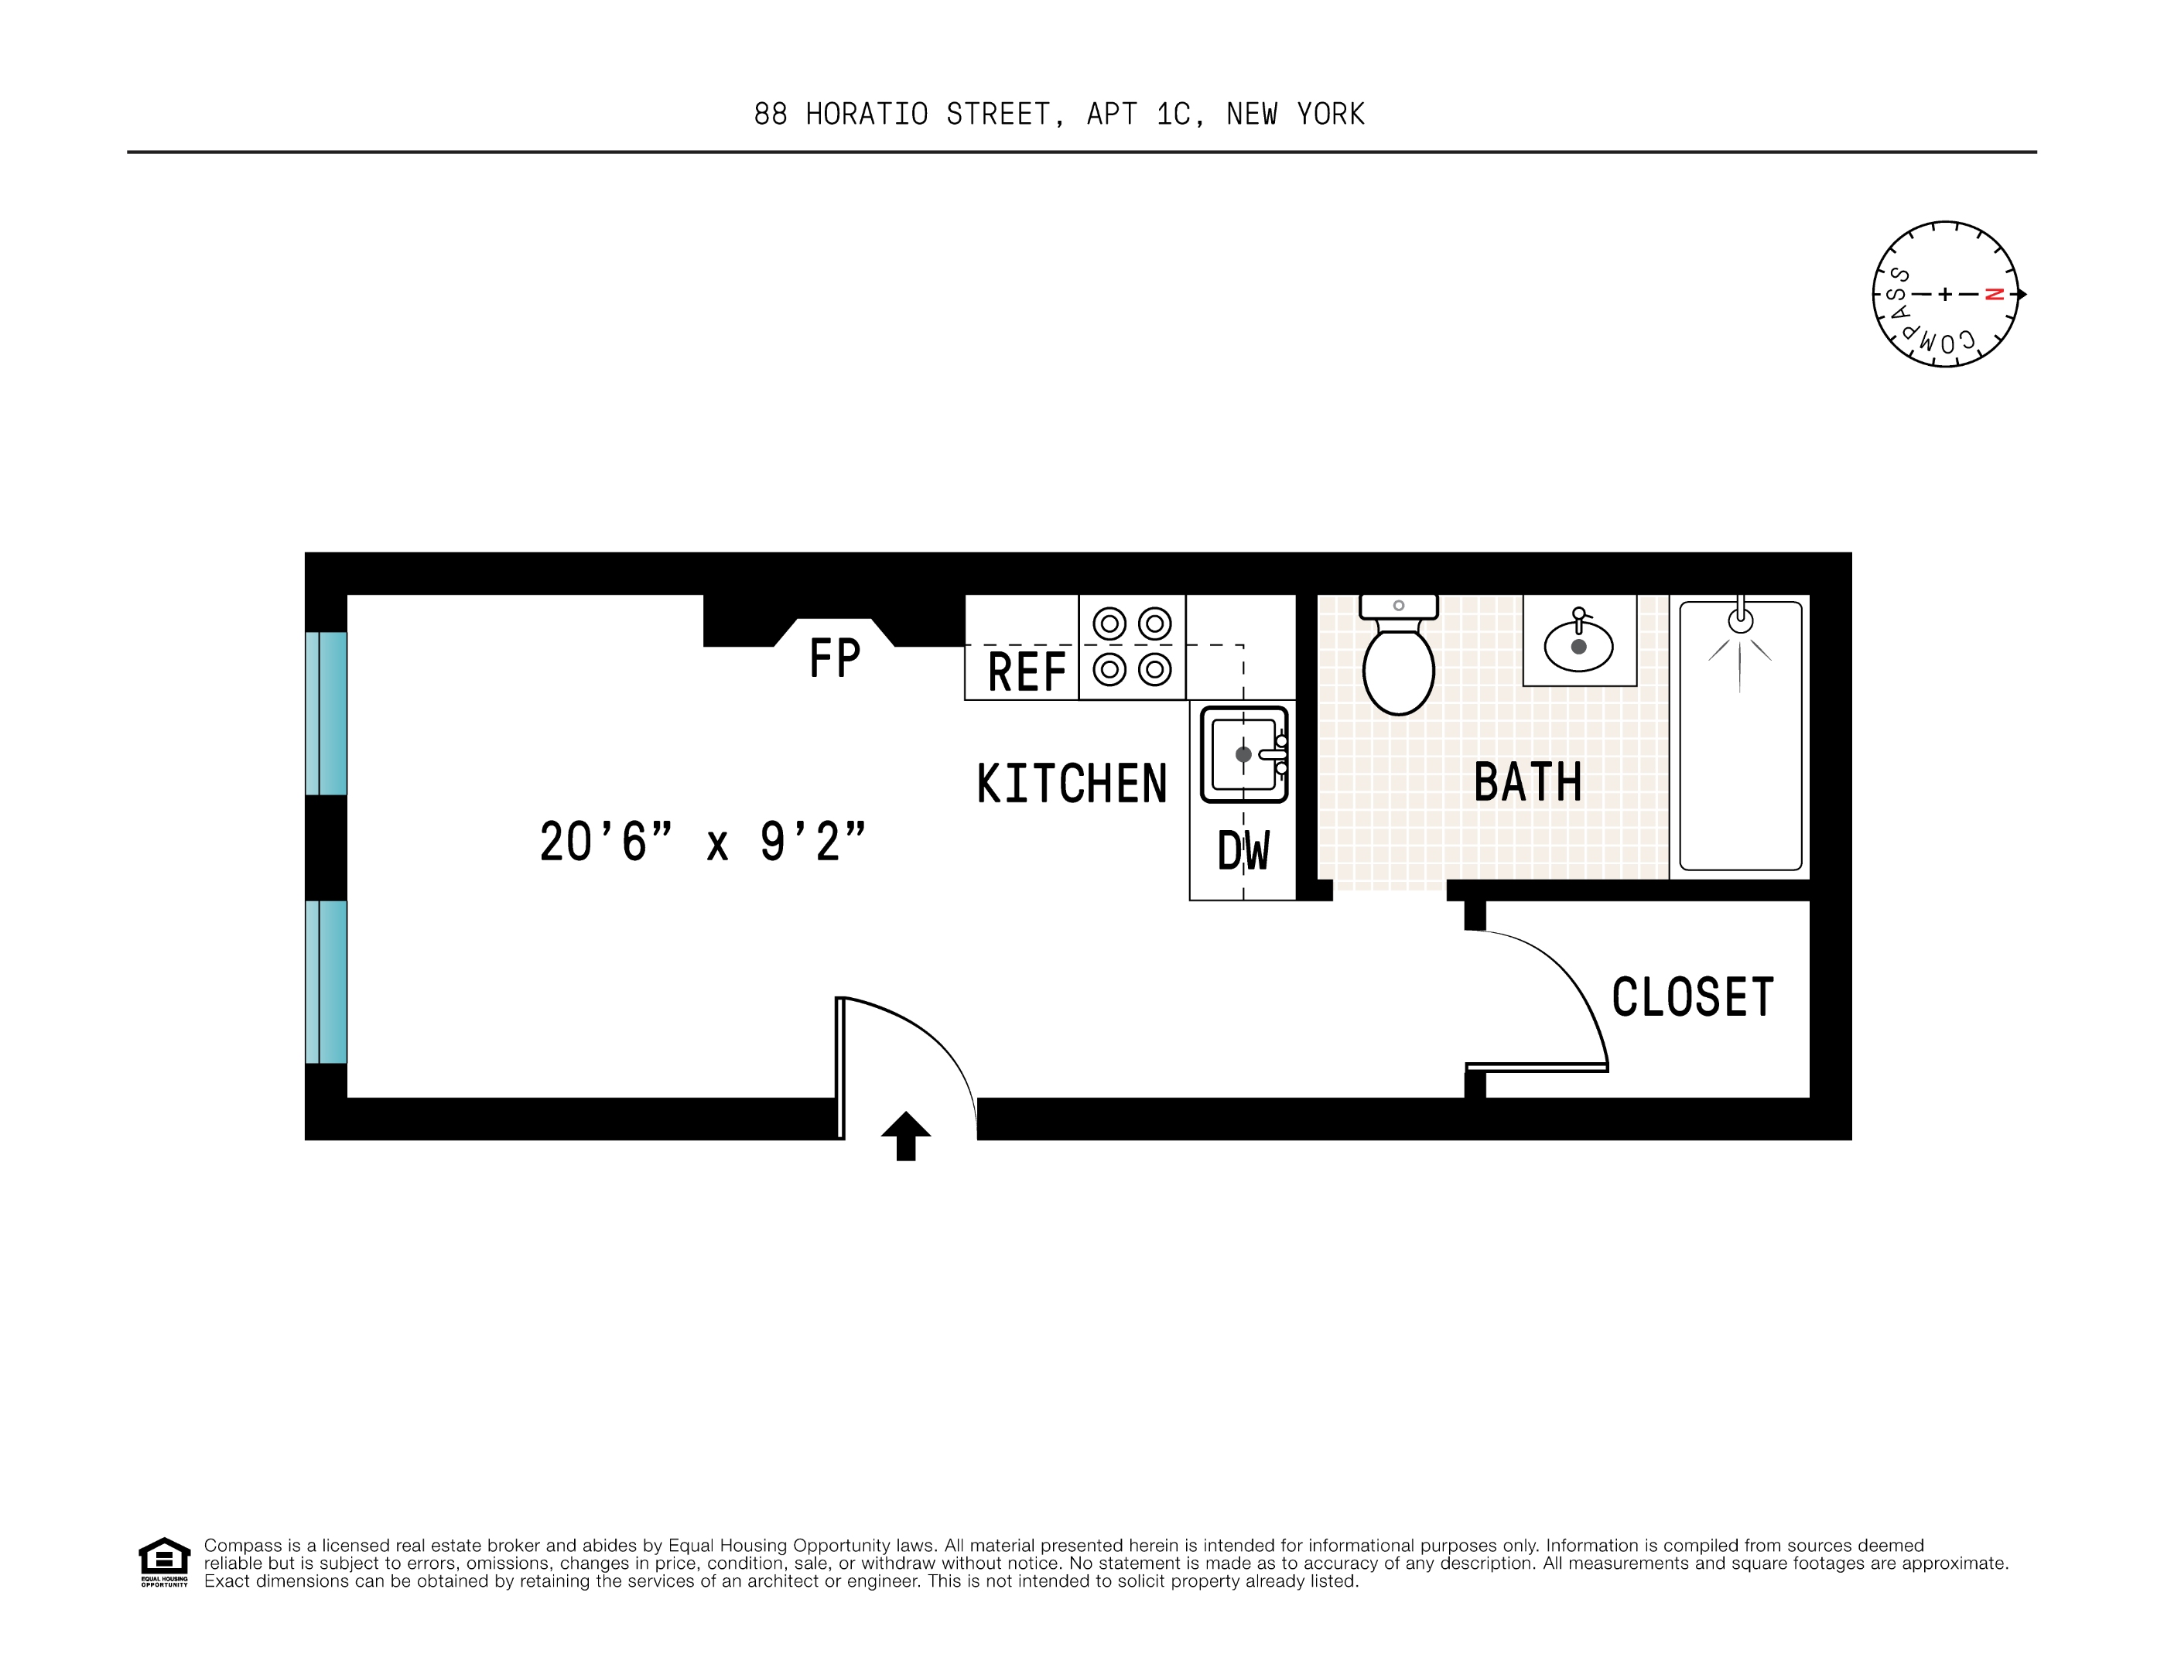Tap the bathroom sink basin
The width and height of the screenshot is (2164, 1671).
[1578, 645]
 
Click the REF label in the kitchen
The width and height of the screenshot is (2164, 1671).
[1027, 672]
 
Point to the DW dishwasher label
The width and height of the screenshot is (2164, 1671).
[1243, 851]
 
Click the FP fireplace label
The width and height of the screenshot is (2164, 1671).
[834, 658]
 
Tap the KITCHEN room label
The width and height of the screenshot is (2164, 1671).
[1072, 784]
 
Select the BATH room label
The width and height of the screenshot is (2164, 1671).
[1527, 781]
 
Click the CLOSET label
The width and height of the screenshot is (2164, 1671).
[1692, 996]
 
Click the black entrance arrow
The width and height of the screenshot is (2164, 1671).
[906, 1135]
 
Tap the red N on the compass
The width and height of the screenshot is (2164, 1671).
[1995, 294]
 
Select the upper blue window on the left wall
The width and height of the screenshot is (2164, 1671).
[326, 713]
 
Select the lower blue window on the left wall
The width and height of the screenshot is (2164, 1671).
[326, 982]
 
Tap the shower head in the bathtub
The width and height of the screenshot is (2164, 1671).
[1740, 621]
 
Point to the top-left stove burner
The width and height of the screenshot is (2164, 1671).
[1109, 624]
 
